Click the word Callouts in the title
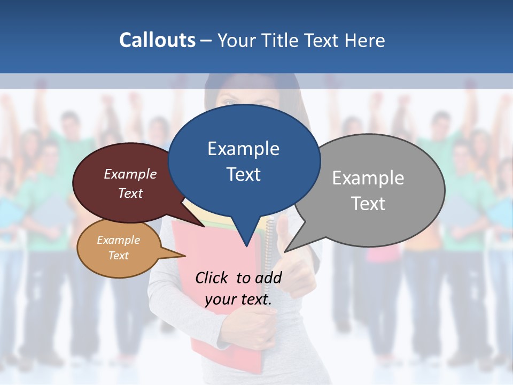click(157, 40)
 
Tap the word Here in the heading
click(363, 40)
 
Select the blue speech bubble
click(244, 160)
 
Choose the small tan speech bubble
click(119, 248)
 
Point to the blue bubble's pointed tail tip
click(246, 246)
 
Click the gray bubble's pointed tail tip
click(286, 251)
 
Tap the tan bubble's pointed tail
click(179, 256)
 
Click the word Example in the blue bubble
click(243, 149)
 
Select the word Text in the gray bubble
click(368, 204)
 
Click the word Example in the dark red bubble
click(130, 174)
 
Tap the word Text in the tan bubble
click(118, 256)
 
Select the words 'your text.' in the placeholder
click(238, 299)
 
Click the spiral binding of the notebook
click(269, 251)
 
